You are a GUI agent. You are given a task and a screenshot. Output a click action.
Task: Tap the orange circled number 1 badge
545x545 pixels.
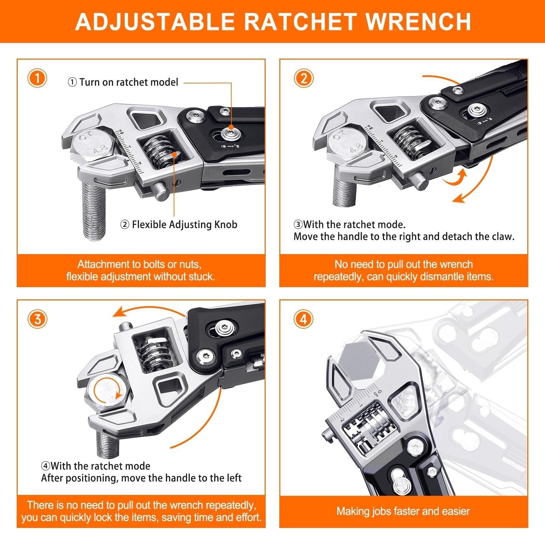[37, 78]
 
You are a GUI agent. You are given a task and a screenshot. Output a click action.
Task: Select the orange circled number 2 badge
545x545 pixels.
[303, 78]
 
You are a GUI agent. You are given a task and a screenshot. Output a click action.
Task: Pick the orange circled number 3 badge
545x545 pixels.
[37, 319]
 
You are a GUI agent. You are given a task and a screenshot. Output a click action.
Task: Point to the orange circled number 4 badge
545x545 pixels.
[303, 319]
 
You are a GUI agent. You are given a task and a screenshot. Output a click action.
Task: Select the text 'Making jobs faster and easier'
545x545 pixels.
[403, 511]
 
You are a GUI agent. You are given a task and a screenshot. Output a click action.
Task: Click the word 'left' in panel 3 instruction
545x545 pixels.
[234, 478]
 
